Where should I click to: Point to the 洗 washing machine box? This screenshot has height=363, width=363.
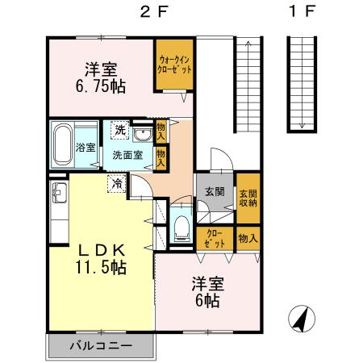pos(119,130)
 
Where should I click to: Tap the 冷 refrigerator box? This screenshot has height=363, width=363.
pos(118,184)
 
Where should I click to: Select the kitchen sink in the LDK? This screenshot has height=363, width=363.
pos(59,193)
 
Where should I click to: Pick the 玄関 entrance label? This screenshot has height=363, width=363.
pos(214,192)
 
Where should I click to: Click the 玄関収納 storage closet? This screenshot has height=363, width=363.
pos(247,196)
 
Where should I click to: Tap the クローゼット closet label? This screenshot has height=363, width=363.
pos(215,238)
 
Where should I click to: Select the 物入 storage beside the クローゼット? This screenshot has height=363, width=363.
pos(248,238)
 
